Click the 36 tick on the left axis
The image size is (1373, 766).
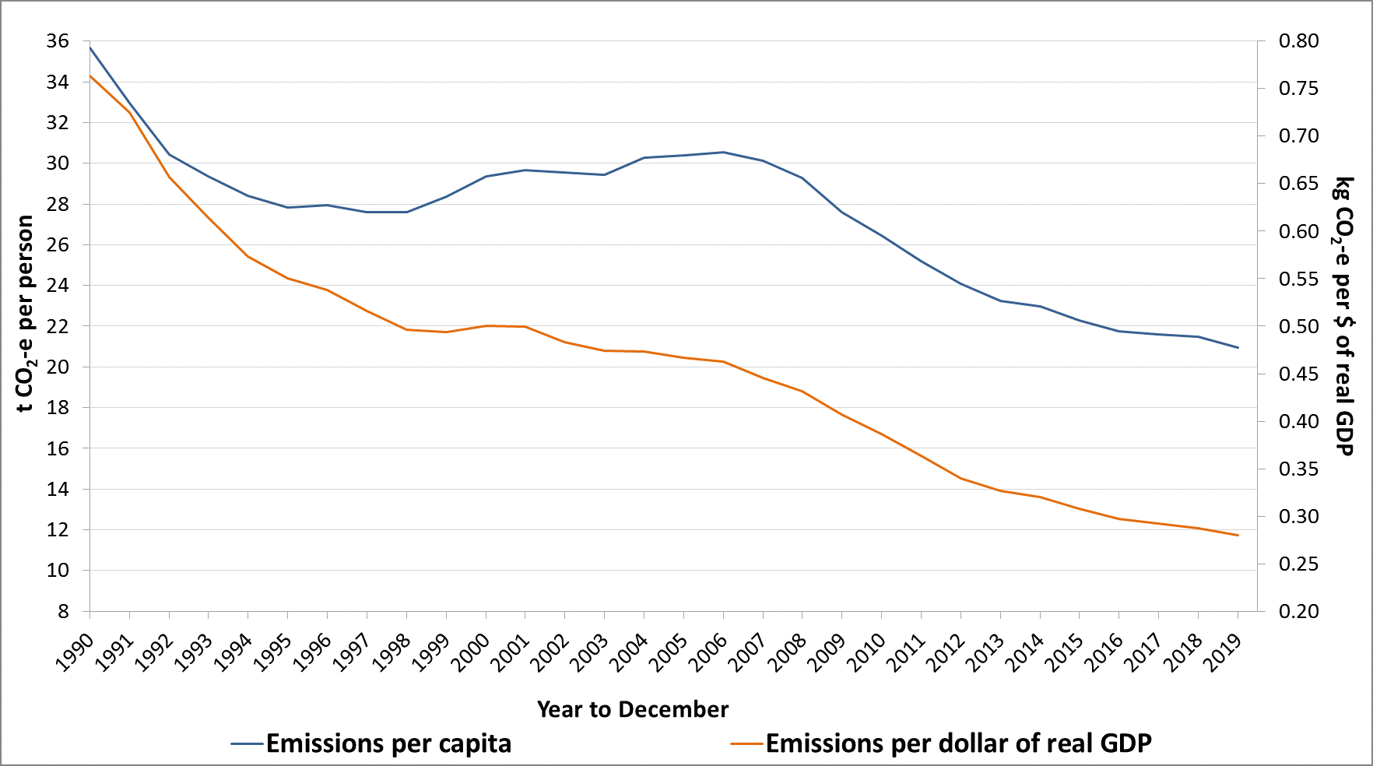click(x=58, y=41)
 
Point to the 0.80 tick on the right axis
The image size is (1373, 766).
click(x=1298, y=41)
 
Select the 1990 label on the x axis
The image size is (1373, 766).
click(x=75, y=653)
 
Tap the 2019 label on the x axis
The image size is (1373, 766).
click(x=1223, y=653)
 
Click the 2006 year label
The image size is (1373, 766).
click(x=708, y=653)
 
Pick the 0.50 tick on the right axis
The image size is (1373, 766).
click(x=1298, y=326)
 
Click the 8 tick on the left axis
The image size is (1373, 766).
click(x=63, y=611)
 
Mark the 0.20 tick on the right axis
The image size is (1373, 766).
click(x=1298, y=611)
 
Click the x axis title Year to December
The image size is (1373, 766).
click(x=632, y=709)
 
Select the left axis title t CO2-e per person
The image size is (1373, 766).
click(x=26, y=314)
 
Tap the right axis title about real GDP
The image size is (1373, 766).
click(x=1343, y=316)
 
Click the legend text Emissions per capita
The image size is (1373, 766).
click(x=388, y=743)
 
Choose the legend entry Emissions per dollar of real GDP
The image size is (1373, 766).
click(x=958, y=743)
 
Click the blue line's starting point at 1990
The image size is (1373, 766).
click(x=90, y=47)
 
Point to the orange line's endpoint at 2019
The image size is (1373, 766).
click(x=1238, y=536)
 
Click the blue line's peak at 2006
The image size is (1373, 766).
click(x=723, y=152)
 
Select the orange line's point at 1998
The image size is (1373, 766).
click(x=406, y=329)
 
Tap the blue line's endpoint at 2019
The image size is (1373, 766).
click(x=1238, y=347)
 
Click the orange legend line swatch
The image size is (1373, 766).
click(x=746, y=743)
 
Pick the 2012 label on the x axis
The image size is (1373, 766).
click(x=946, y=653)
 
